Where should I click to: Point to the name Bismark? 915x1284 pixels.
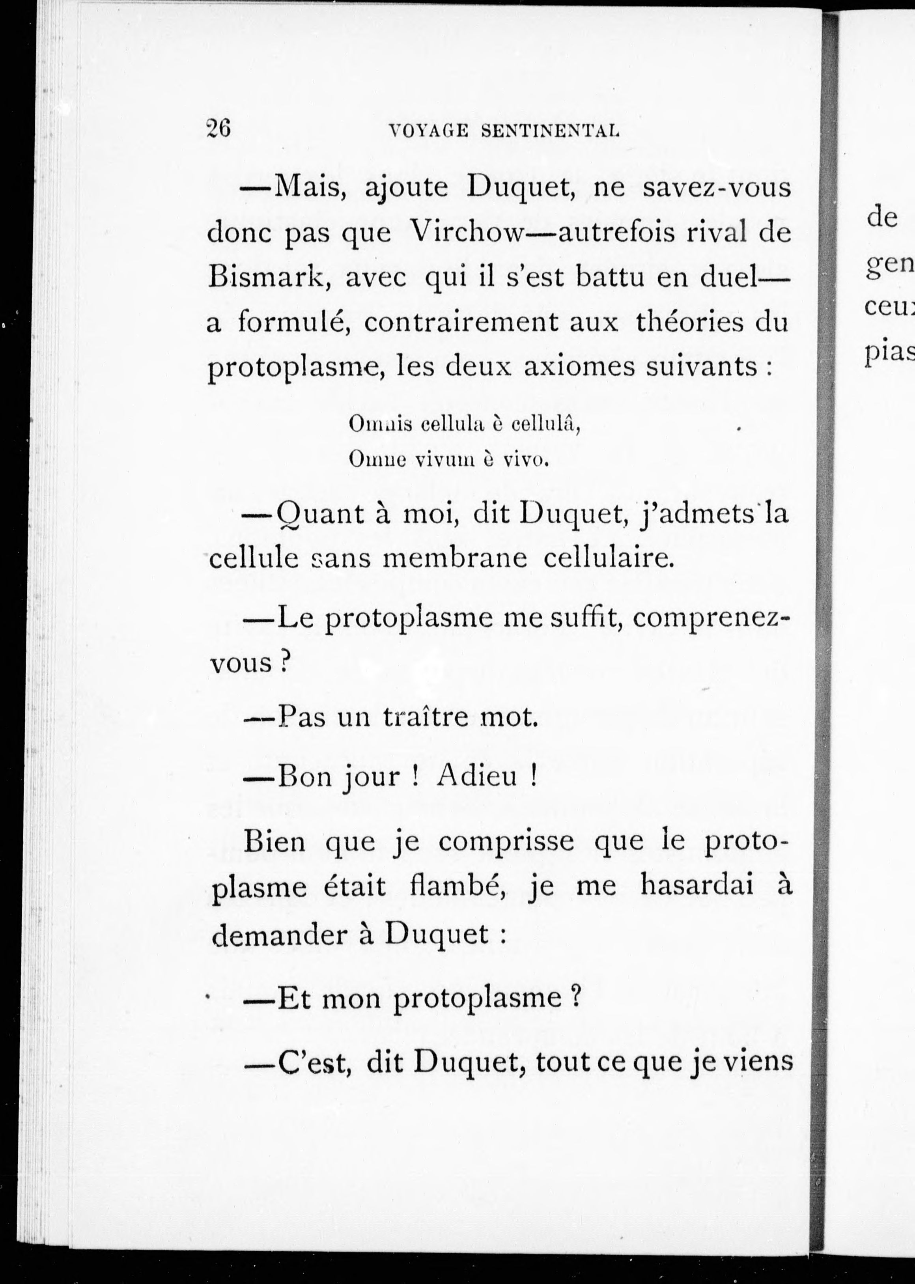click(x=268, y=279)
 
